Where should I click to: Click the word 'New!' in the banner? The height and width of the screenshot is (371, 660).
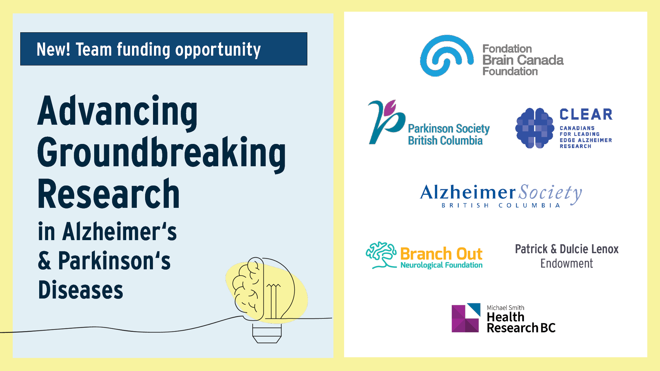(x=53, y=49)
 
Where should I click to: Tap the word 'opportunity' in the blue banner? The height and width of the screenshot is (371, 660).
(x=218, y=50)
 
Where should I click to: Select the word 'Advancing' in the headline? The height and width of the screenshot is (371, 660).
(x=118, y=112)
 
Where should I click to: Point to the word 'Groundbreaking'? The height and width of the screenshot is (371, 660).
(x=162, y=153)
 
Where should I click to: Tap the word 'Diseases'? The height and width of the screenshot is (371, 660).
(x=80, y=290)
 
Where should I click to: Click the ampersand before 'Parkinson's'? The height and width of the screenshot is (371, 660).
(x=45, y=261)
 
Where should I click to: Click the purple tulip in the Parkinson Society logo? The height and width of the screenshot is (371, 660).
(x=390, y=108)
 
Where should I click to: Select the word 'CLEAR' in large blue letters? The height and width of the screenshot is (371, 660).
(x=586, y=115)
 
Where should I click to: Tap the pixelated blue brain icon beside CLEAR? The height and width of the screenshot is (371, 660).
(x=535, y=128)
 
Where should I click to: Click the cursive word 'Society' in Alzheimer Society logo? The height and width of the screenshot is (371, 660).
(x=550, y=193)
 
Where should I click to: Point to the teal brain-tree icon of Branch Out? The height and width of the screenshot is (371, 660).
(x=381, y=255)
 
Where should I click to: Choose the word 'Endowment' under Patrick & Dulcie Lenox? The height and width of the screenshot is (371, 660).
(x=566, y=264)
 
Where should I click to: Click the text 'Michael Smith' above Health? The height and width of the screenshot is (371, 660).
(x=505, y=308)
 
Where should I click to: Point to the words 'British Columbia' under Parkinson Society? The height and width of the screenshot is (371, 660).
(x=445, y=141)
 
